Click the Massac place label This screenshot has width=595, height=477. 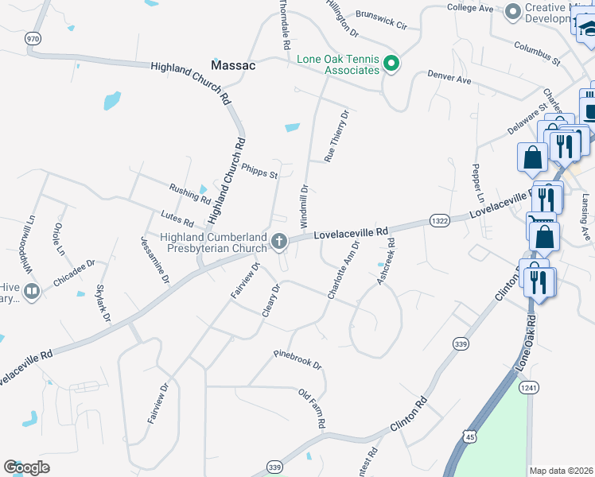[233, 65]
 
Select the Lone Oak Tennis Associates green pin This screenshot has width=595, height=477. [391, 63]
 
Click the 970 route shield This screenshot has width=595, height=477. [33, 37]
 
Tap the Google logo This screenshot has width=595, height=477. [26, 467]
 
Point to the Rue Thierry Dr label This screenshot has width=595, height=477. [336, 136]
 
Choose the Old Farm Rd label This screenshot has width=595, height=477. [312, 409]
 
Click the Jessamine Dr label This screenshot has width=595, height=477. [155, 260]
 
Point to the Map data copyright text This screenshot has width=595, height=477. [561, 470]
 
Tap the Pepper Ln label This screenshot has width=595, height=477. [478, 184]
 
